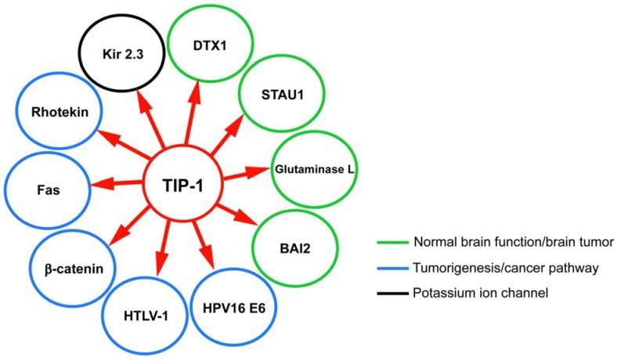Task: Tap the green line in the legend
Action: tap(392, 243)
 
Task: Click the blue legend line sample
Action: tap(392, 268)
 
